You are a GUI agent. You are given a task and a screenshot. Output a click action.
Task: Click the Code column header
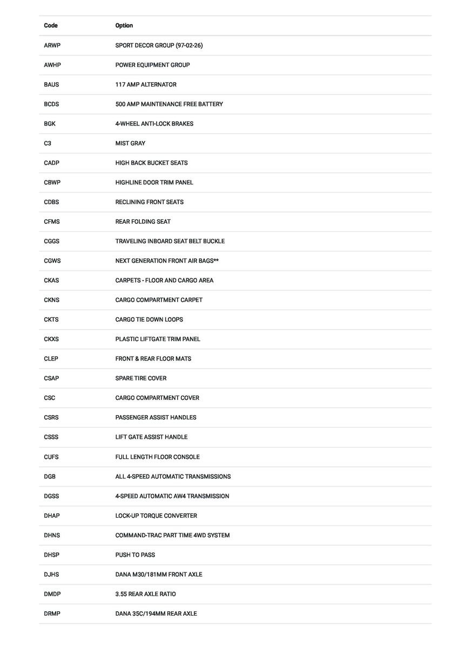click(x=51, y=25)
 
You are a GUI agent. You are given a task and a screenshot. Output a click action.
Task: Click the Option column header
click(x=124, y=25)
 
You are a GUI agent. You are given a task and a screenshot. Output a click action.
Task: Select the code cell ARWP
click(x=52, y=45)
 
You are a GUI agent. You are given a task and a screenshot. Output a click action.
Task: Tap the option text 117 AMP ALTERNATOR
click(x=145, y=84)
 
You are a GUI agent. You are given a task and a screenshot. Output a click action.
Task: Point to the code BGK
click(x=50, y=124)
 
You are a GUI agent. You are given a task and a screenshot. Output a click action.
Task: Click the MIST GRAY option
click(x=130, y=143)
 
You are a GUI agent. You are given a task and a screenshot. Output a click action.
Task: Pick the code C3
click(x=48, y=143)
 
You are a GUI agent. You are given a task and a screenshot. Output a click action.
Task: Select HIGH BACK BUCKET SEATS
click(x=151, y=163)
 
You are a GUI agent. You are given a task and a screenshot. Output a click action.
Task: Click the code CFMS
click(x=52, y=222)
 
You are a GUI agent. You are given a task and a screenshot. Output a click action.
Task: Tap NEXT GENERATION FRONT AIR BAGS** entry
click(x=167, y=260)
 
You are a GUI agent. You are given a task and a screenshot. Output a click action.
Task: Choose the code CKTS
click(x=51, y=319)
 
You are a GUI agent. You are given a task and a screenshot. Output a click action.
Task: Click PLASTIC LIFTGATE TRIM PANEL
click(x=158, y=339)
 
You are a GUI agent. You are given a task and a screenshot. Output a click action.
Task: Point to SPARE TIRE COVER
click(x=140, y=378)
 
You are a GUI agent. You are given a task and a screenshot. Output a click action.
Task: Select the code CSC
click(x=49, y=398)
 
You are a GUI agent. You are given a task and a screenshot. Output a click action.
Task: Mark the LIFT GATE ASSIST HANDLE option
click(x=151, y=437)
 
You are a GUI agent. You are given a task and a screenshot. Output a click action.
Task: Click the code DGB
click(x=50, y=477)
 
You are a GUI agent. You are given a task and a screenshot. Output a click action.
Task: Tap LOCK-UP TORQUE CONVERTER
click(x=156, y=516)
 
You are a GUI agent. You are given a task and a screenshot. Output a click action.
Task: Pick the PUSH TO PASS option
click(x=135, y=555)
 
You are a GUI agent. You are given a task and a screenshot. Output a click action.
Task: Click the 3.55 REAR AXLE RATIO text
click(x=145, y=594)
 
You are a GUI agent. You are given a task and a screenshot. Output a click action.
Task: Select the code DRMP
click(x=52, y=613)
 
